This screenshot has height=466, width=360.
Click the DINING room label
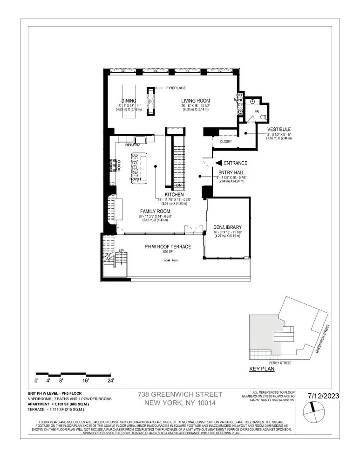129,100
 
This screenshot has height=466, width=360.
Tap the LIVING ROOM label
196,101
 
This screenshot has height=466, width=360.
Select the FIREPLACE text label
176,88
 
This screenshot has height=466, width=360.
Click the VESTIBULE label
279,129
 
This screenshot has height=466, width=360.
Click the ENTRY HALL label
228,171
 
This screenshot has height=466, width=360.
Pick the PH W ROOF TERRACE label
168,247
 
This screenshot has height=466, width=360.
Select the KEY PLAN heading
262,369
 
